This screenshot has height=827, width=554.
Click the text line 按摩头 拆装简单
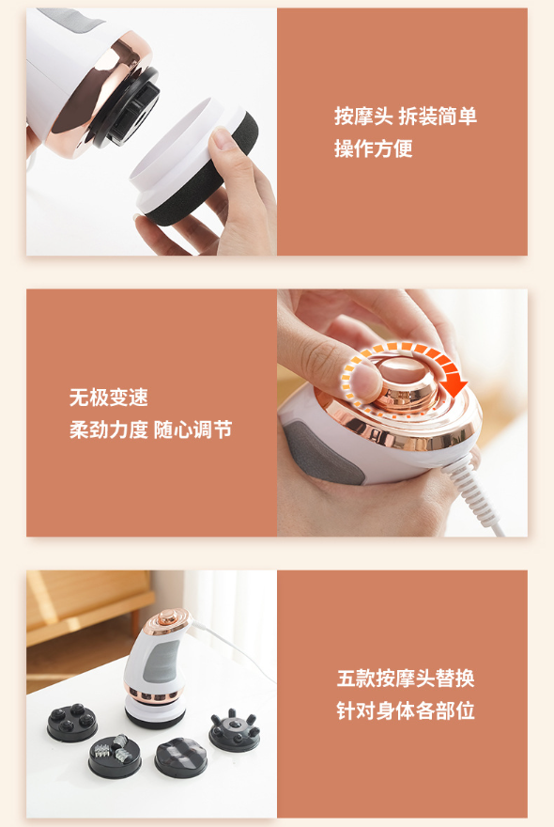406,116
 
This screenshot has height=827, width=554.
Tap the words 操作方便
373,148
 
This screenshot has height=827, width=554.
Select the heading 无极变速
109,398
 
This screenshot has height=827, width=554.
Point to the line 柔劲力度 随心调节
151,429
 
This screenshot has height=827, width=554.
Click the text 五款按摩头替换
406,679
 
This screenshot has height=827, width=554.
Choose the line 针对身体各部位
406,711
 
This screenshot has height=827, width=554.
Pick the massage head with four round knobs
71,722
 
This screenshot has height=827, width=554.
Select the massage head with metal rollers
115,756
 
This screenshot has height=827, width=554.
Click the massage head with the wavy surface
181,757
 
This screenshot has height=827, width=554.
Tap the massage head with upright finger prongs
234,729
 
